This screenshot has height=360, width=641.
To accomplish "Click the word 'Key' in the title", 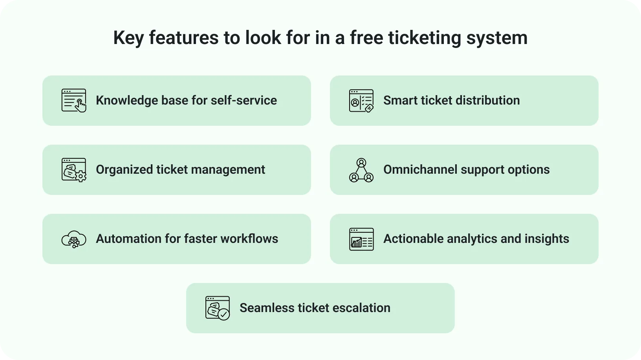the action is (128, 38).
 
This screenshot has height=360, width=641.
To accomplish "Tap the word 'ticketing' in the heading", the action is (424, 38).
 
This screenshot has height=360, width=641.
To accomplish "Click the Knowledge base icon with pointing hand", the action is (74, 101).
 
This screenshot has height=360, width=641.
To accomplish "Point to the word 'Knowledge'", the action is (126, 101).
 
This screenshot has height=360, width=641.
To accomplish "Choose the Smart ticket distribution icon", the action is (361, 101).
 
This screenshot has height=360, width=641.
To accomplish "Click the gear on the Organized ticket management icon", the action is (81, 176).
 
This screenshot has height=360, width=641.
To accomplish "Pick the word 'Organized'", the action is (124, 170).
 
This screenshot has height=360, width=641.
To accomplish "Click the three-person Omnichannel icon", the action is (361, 170).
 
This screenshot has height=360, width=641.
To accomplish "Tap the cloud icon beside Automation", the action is (74, 239).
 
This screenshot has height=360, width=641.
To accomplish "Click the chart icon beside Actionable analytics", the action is (361, 239).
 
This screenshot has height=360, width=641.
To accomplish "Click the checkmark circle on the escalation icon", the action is (223, 314).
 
